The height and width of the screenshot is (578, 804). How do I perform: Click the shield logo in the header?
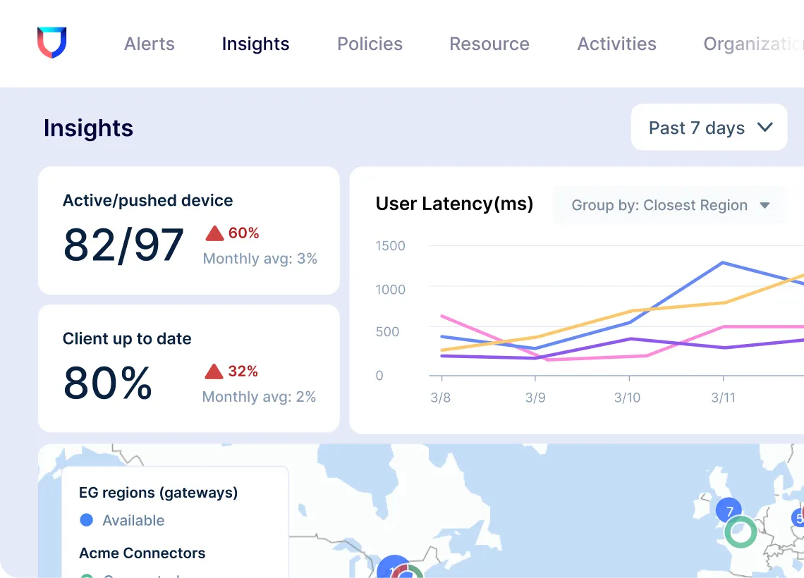[51, 42]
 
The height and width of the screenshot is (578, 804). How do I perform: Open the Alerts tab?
[150, 44]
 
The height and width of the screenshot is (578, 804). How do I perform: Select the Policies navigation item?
[370, 44]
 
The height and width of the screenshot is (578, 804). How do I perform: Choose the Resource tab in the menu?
[489, 44]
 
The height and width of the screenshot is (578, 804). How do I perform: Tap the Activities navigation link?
[616, 44]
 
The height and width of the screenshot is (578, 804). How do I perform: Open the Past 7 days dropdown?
[709, 128]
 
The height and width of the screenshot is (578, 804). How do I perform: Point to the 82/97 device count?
[123, 245]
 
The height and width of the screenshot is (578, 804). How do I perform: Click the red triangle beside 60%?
[214, 233]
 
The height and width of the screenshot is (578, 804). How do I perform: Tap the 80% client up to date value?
[108, 383]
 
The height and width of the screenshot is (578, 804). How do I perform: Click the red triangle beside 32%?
[214, 371]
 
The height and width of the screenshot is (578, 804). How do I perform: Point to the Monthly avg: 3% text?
[260, 259]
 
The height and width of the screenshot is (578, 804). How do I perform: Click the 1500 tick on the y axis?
[390, 246]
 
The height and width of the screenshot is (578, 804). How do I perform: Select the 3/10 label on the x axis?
[627, 398]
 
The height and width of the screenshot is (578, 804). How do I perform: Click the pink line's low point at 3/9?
[549, 360]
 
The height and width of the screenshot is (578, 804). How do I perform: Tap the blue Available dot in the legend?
[87, 520]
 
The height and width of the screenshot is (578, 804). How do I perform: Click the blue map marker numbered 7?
[729, 511]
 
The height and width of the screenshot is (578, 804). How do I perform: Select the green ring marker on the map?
[741, 532]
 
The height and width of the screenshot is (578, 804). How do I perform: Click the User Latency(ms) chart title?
[454, 204]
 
